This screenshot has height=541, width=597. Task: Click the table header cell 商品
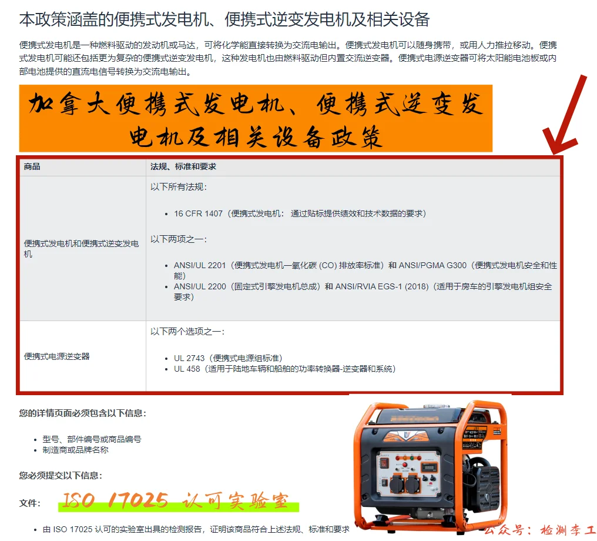(32, 167)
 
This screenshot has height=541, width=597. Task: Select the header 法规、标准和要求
(183, 167)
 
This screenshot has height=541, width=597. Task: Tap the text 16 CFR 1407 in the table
(198, 213)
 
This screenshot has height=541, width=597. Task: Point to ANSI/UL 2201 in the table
(200, 265)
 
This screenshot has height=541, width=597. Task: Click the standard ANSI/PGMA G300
(434, 265)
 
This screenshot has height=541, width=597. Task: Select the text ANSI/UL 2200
(200, 287)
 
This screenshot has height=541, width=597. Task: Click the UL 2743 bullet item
(189, 358)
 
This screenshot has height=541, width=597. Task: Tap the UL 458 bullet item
(187, 369)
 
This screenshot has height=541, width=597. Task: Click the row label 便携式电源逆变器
(57, 356)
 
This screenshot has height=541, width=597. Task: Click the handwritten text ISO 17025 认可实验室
(176, 501)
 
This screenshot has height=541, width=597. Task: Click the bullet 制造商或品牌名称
(76, 450)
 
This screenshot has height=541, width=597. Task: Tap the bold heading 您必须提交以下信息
(61, 475)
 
